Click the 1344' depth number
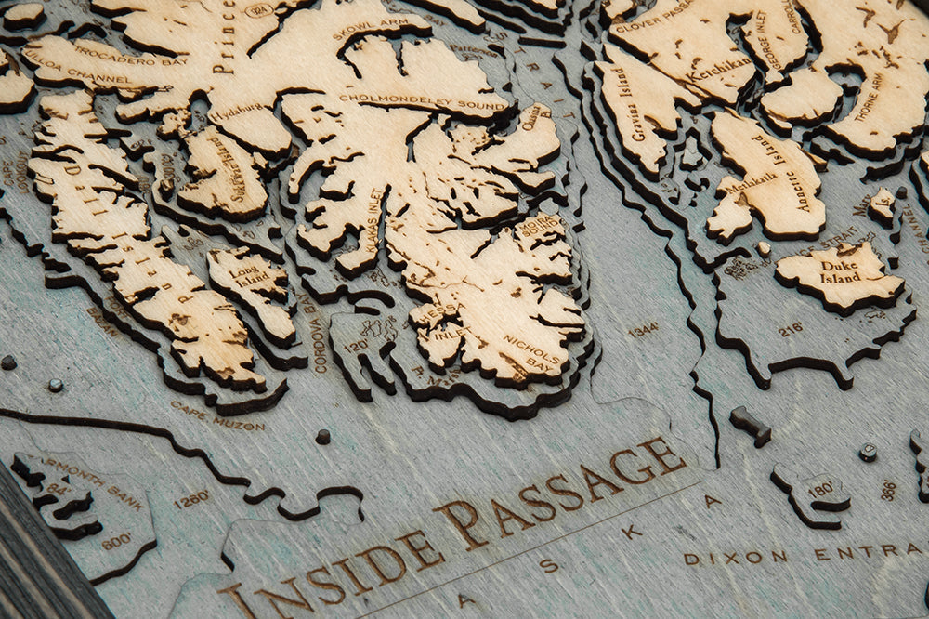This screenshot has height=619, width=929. pos(642,329)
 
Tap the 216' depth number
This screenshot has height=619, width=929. pos(791,329)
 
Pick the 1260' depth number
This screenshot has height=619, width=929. pos(190,499)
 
